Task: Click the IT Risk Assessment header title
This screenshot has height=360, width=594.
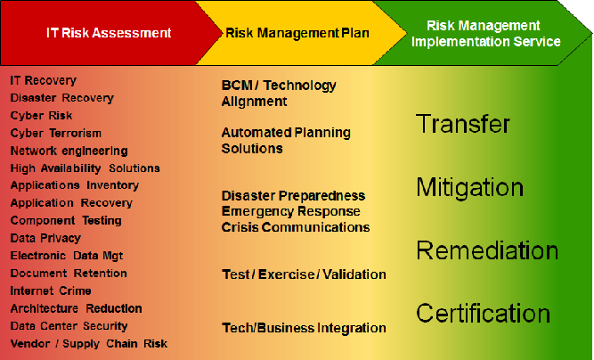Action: point(109,33)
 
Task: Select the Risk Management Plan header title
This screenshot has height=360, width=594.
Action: point(297,33)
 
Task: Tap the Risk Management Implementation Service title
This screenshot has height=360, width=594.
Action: point(485,33)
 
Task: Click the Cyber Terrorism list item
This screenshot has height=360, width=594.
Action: point(56,134)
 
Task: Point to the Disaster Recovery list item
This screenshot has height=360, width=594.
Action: point(62,98)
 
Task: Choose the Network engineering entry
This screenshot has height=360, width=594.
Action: point(69,151)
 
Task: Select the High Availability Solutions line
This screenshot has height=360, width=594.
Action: point(85,168)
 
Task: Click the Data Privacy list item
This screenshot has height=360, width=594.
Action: point(45,238)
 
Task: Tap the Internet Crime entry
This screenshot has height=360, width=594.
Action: point(51,291)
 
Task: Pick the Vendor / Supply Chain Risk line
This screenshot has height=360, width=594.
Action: point(89,344)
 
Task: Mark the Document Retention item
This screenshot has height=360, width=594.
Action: point(69,274)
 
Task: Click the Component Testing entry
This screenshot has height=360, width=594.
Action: point(66,221)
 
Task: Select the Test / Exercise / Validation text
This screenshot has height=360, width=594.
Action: point(304,274)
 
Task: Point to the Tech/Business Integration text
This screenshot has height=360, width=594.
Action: point(304,328)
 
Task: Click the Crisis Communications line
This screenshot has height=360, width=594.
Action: point(296,227)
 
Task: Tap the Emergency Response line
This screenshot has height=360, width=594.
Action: point(291,211)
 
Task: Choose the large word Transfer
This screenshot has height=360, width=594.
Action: point(463,124)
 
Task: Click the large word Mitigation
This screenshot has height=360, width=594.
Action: point(469,187)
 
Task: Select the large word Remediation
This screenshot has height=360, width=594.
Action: point(487,250)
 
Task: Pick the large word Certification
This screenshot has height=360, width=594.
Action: point(483,313)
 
